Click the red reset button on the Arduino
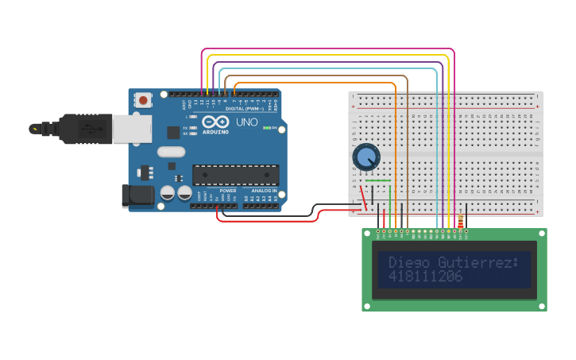(x=143, y=100)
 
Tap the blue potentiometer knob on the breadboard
(x=365, y=157)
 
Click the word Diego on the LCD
(x=407, y=262)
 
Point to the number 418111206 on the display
(x=425, y=277)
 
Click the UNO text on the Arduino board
(x=247, y=122)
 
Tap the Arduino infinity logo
(x=215, y=122)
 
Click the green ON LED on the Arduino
(x=265, y=128)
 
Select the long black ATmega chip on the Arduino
(x=235, y=175)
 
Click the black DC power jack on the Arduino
(x=137, y=195)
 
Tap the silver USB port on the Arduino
(x=132, y=129)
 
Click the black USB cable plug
(x=83, y=129)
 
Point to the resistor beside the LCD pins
(x=460, y=222)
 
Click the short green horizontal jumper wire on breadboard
(x=379, y=180)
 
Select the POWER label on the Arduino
(x=228, y=191)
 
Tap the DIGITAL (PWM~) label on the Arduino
(x=245, y=109)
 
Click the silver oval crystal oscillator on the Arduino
(x=171, y=152)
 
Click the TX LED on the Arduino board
(x=185, y=127)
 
